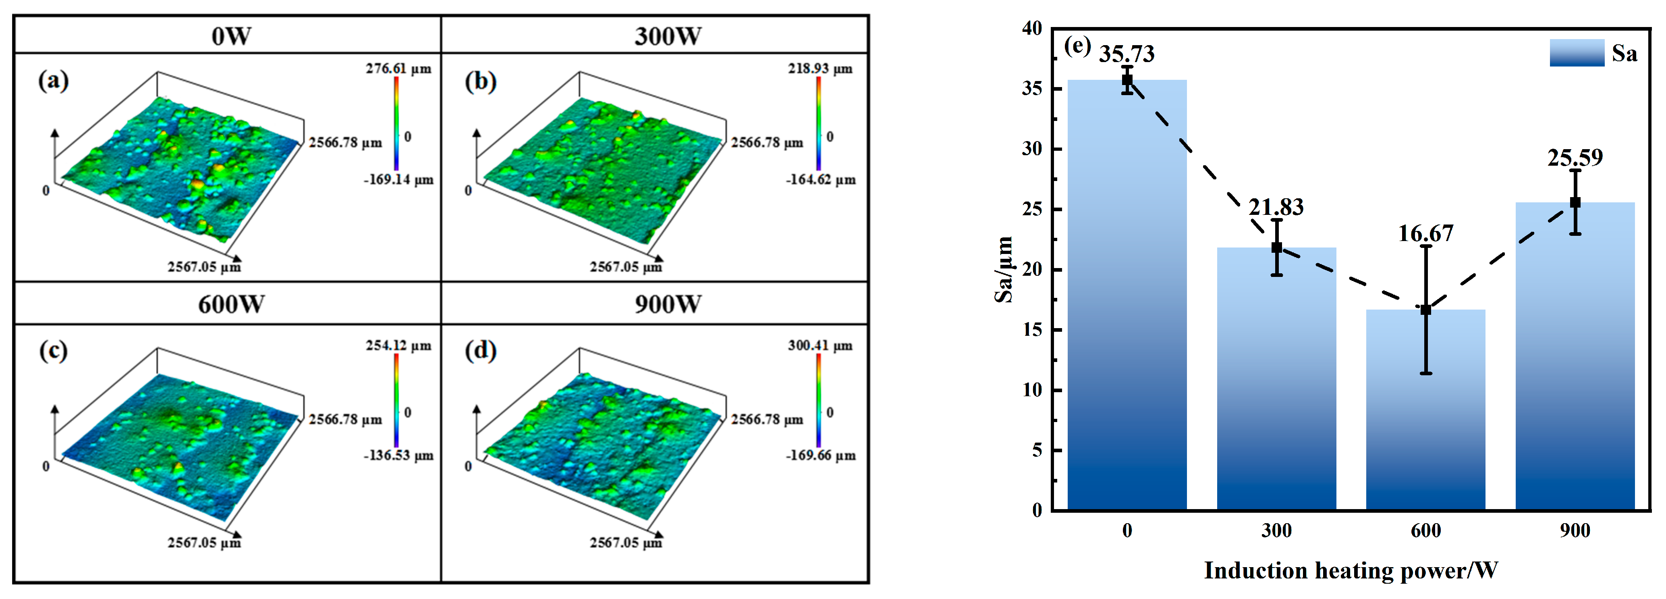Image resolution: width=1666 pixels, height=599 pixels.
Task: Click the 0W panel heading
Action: coord(231,35)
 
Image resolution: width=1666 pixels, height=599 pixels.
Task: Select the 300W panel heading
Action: coord(668,35)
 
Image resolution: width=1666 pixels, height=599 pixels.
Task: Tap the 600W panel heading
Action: coord(231,304)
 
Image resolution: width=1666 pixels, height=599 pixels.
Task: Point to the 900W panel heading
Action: coord(668,304)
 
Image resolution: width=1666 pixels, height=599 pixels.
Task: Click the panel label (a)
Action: coord(53,81)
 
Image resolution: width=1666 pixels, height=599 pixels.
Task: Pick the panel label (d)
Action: coord(481,351)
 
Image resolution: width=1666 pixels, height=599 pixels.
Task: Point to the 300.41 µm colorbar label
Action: coord(820,345)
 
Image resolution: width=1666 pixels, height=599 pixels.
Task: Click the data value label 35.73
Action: coord(1127,54)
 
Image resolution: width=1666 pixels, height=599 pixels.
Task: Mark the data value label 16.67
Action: coord(1425,233)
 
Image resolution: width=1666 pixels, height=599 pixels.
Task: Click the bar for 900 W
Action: coord(1575,356)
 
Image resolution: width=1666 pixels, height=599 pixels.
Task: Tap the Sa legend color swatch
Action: coord(1577,53)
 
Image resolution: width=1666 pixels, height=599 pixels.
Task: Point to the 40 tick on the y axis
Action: coord(1032,29)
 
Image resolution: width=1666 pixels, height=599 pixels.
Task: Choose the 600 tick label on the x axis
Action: coord(1425,531)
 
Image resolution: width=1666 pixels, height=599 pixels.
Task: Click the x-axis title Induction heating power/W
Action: coord(1351,570)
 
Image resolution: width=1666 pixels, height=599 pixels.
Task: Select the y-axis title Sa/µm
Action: coord(1003,269)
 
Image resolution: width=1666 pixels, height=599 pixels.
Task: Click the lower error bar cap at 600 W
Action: coord(1425,373)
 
